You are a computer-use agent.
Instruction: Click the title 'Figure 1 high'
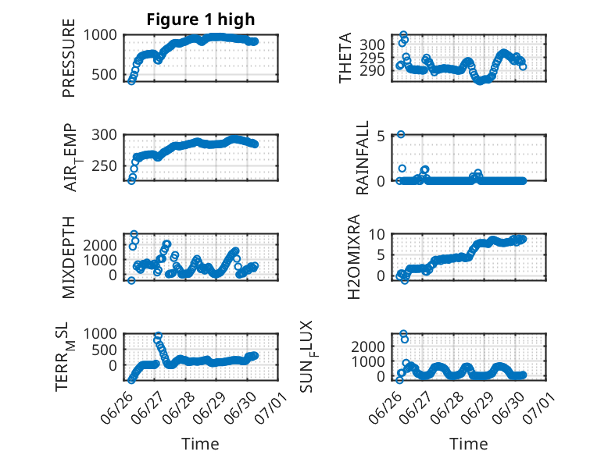click(x=201, y=20)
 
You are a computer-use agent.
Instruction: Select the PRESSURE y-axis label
click(x=69, y=58)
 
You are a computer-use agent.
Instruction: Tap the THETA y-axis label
click(x=345, y=58)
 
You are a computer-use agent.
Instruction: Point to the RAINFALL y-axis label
click(x=362, y=158)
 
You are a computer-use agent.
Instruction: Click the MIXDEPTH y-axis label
click(x=69, y=258)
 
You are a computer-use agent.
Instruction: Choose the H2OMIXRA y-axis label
click(x=354, y=257)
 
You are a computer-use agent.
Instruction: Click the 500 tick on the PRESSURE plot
click(x=104, y=75)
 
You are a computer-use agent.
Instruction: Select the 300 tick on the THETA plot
click(x=372, y=45)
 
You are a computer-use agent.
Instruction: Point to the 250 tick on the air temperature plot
click(x=104, y=166)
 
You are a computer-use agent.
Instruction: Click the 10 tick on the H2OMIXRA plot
click(x=377, y=234)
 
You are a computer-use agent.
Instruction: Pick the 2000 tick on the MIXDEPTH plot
click(x=100, y=245)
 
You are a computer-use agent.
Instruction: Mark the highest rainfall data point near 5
click(x=401, y=134)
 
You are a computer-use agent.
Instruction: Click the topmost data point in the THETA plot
click(x=404, y=35)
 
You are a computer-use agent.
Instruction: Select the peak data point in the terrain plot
click(x=158, y=336)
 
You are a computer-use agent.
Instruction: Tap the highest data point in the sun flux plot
click(x=403, y=334)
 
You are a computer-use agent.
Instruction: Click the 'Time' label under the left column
click(x=201, y=444)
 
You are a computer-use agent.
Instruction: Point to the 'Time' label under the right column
click(x=468, y=444)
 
